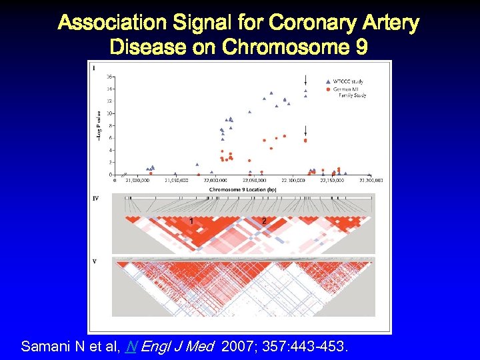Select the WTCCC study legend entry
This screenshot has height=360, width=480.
click(x=347, y=81)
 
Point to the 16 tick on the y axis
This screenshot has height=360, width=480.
click(x=109, y=76)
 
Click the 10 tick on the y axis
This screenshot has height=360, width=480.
click(x=109, y=113)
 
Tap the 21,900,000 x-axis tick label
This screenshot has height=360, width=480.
click(x=137, y=180)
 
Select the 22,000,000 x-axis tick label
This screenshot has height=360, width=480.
click(x=215, y=180)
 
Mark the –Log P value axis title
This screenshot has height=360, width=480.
click(x=99, y=125)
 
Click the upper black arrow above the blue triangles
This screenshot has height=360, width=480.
click(x=305, y=79)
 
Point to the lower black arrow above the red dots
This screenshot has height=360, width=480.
click(x=305, y=130)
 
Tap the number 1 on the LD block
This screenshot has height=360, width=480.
click(x=191, y=221)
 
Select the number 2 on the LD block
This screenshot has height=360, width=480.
click(x=264, y=221)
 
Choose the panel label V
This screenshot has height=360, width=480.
click(x=95, y=261)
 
